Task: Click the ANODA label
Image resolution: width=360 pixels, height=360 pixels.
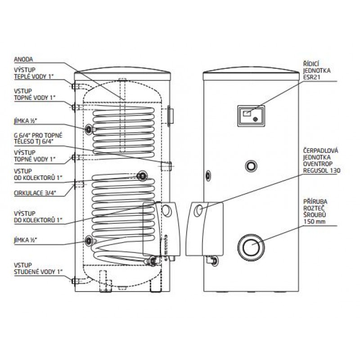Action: pos(23,59)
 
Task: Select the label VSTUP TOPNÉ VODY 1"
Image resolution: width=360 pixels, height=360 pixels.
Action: pos(35,94)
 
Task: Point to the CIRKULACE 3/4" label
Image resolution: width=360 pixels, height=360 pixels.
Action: pos(35,193)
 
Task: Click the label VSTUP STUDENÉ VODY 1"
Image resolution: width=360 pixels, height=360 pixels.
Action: pos(38,268)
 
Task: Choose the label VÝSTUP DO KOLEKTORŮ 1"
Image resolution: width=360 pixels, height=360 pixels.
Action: pos(38,217)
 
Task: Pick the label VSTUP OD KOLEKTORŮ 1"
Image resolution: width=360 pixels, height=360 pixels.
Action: pos(38,175)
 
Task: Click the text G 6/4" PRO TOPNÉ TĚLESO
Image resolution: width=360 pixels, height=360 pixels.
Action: pos(38,139)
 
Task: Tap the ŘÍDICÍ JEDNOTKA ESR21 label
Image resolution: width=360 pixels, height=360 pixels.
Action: pos(317,70)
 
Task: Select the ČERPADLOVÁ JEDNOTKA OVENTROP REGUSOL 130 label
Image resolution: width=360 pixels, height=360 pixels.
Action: pos(322,161)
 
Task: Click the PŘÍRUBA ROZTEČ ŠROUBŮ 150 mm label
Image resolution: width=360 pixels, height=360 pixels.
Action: pos(315,211)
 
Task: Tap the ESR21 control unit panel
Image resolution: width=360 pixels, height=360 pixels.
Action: pos(251,116)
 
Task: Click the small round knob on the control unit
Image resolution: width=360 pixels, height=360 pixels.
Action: pos(255,119)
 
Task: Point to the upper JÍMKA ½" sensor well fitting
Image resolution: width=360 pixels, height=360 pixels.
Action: pos(89,130)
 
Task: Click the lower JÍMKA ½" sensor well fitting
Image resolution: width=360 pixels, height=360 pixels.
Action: pos(89,241)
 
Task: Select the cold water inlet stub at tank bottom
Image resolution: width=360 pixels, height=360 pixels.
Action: pos(75,281)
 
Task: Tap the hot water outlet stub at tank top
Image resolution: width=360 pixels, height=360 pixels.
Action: pos(75,86)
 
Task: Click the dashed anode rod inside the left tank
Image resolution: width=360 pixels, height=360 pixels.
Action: pos(123,115)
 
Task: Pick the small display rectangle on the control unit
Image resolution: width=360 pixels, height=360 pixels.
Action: pos(247,113)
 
